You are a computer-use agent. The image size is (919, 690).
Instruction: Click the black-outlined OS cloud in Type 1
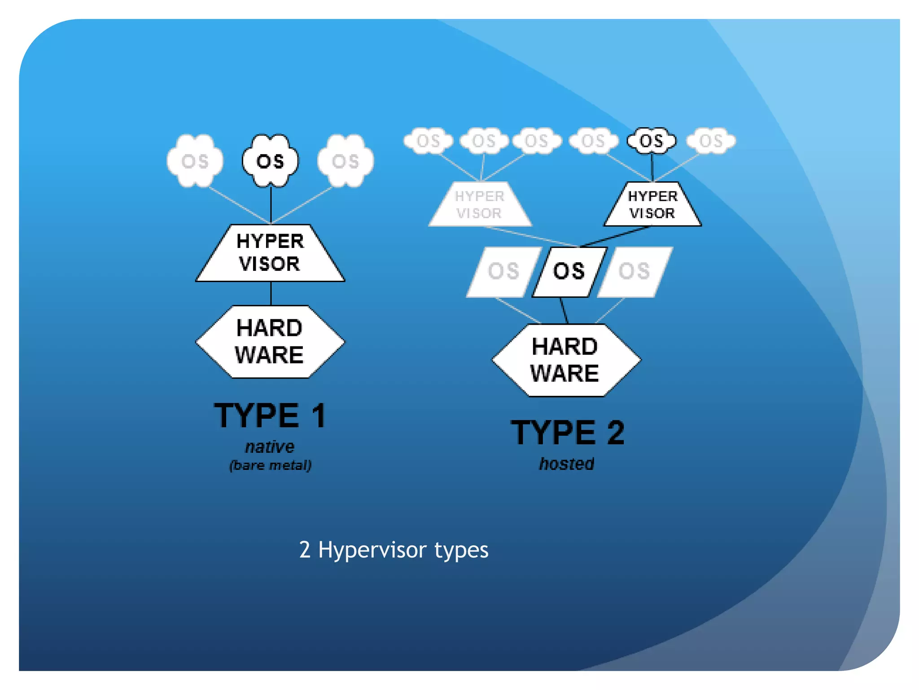click(x=270, y=161)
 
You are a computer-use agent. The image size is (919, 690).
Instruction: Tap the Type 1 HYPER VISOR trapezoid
click(x=270, y=253)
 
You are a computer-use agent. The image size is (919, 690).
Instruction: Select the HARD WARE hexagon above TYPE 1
click(x=270, y=341)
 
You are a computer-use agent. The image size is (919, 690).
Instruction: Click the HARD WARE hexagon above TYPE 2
click(x=565, y=360)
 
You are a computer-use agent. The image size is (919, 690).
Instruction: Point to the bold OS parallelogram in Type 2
click(x=569, y=272)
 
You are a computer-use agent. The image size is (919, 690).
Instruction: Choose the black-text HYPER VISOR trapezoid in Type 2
click(x=652, y=205)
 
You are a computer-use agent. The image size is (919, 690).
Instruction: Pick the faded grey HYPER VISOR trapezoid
click(x=480, y=205)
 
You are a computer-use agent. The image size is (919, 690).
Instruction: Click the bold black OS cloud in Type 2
click(x=651, y=141)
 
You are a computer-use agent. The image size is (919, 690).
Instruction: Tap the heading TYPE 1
click(x=270, y=416)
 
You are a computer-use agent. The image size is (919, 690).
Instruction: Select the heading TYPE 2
click(x=568, y=433)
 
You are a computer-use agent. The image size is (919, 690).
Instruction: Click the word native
click(x=270, y=447)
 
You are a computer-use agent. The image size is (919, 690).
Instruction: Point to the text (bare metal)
click(x=270, y=465)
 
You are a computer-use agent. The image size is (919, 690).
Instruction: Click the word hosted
click(x=567, y=464)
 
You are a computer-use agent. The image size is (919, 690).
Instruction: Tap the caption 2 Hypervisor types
click(x=394, y=549)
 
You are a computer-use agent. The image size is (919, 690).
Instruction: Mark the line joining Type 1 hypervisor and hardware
click(x=271, y=294)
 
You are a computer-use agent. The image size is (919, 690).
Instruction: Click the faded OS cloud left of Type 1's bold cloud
click(x=195, y=161)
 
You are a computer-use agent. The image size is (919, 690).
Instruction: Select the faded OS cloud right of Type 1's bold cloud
click(x=346, y=161)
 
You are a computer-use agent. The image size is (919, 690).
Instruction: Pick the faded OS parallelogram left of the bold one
click(x=503, y=272)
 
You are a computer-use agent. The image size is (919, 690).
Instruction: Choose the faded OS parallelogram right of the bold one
click(x=635, y=272)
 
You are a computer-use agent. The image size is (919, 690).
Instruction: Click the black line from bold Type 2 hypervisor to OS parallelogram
click(x=616, y=236)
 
